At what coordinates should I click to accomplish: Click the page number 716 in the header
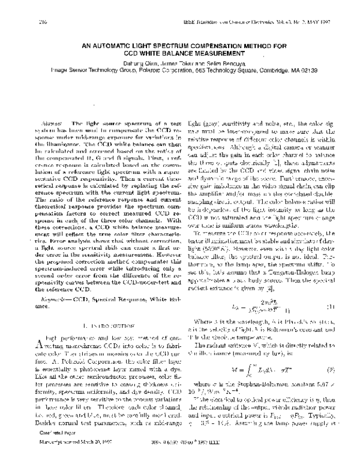coord(26,21)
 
